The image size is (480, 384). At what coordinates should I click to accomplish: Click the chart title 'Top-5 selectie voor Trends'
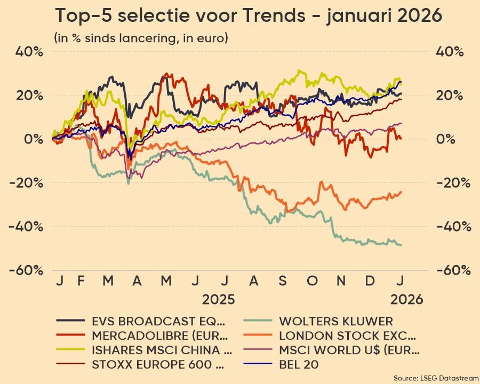pyautogui.click(x=249, y=16)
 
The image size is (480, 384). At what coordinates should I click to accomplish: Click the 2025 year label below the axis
pyautogui.click(x=218, y=299)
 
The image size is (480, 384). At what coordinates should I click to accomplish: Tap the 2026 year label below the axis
pyautogui.click(x=406, y=299)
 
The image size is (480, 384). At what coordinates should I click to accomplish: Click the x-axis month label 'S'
pyautogui.click(x=283, y=281)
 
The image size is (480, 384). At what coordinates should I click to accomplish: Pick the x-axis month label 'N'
pyautogui.click(x=342, y=281)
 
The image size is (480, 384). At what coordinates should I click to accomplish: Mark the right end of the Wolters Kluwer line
pyautogui.click(x=401, y=245)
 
